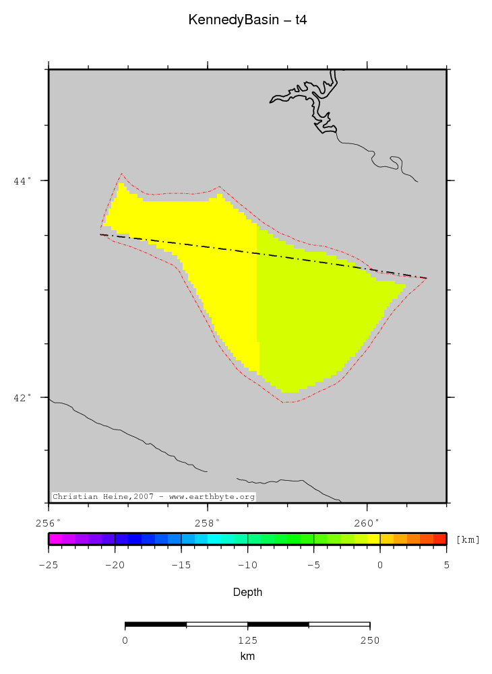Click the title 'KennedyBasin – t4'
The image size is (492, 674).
click(x=248, y=21)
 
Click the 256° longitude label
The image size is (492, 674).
click(x=49, y=523)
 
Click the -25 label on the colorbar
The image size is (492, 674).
click(x=48, y=564)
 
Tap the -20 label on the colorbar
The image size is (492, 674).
click(x=115, y=564)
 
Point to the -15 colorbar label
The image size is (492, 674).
click(x=181, y=564)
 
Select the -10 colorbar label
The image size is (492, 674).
click(x=247, y=564)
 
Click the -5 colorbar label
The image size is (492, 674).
click(x=313, y=564)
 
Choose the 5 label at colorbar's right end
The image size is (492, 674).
click(x=446, y=564)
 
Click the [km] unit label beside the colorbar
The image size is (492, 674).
click(x=468, y=539)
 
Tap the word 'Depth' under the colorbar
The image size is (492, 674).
click(x=247, y=593)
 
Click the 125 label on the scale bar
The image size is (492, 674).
click(x=247, y=640)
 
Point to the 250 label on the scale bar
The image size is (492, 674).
click(x=369, y=640)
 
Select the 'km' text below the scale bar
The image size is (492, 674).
click(x=247, y=656)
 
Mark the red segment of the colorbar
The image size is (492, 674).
click(x=439, y=539)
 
